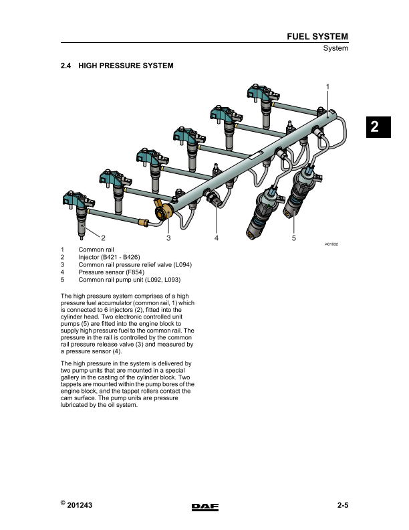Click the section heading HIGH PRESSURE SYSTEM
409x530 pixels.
[x=126, y=66]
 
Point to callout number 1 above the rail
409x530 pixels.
[x=327, y=86]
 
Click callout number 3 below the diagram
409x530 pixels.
[x=169, y=238]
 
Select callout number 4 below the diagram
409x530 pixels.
[x=217, y=238]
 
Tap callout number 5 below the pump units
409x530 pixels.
[x=294, y=238]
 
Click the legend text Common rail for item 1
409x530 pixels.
[x=96, y=250]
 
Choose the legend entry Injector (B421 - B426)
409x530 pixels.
[x=110, y=257]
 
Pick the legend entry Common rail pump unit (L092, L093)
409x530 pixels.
[x=130, y=280]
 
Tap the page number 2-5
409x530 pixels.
[x=342, y=506]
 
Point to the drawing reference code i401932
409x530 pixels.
[x=331, y=244]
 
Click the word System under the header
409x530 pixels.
[x=335, y=49]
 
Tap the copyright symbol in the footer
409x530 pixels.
[x=63, y=503]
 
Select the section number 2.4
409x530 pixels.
[x=65, y=66]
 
